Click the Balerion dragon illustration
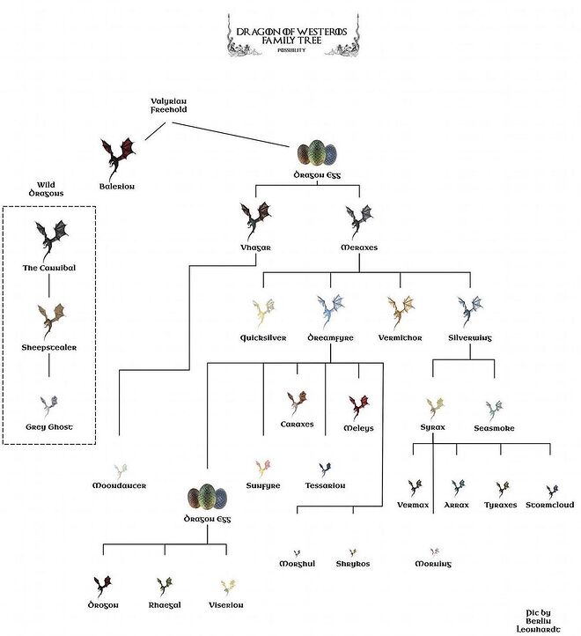[x=117, y=156]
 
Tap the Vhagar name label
[x=256, y=248]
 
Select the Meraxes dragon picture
[x=358, y=220]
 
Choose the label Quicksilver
[x=262, y=337]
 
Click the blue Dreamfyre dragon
[x=331, y=311]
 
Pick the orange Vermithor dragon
[x=401, y=311]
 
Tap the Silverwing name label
[x=468, y=337]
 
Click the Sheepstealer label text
[x=50, y=347]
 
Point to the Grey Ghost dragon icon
[x=49, y=405]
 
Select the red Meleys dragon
[x=358, y=405]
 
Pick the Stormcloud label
[x=551, y=506]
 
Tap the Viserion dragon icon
[x=228, y=586]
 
